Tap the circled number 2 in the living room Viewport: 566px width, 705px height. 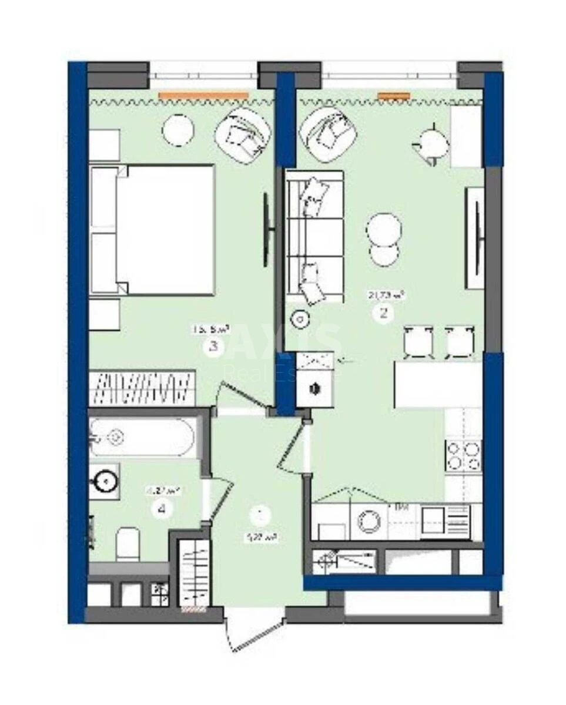click(x=384, y=313)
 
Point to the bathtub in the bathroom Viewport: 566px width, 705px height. click(x=141, y=437)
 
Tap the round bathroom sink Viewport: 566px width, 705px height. click(x=105, y=482)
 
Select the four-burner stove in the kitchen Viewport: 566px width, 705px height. click(x=463, y=455)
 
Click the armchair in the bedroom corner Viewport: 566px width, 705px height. click(x=243, y=135)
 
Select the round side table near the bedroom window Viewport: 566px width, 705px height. click(x=178, y=130)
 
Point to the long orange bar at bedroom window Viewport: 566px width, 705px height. click(x=203, y=94)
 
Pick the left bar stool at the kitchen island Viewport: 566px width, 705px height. click(x=418, y=341)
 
